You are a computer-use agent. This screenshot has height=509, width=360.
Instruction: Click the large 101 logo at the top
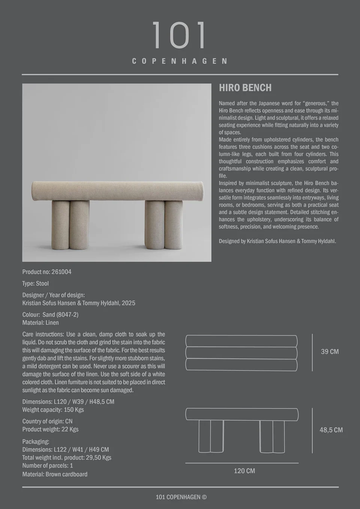point(179,35)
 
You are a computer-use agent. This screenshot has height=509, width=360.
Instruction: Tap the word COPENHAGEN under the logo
point(180,61)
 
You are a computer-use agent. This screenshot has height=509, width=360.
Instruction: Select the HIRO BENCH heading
point(245,88)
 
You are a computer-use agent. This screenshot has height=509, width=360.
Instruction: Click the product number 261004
point(61,272)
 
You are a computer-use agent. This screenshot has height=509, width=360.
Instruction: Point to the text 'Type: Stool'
point(36,283)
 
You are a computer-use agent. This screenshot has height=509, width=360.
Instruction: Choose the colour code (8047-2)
point(67,314)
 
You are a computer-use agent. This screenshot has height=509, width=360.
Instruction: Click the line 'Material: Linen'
point(40,322)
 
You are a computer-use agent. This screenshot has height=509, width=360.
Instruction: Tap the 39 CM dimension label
point(330,352)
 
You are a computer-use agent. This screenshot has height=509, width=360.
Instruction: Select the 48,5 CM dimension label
point(331,430)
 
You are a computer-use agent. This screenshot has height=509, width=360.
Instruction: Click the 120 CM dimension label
point(244,471)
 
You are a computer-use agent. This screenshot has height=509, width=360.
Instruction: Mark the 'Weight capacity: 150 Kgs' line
point(53,410)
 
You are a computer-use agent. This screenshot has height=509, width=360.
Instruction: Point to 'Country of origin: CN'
point(47,421)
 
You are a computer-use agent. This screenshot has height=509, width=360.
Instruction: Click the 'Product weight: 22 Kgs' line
point(50,429)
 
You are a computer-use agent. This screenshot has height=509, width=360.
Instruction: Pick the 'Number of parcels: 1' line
point(48,466)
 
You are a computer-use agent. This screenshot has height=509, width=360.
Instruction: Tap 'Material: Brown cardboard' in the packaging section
point(55,474)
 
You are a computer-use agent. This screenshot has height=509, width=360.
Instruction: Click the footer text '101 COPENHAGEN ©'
point(181,497)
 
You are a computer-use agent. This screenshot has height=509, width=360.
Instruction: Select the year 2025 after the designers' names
point(128,303)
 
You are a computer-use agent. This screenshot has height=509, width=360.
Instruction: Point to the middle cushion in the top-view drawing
point(241,353)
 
